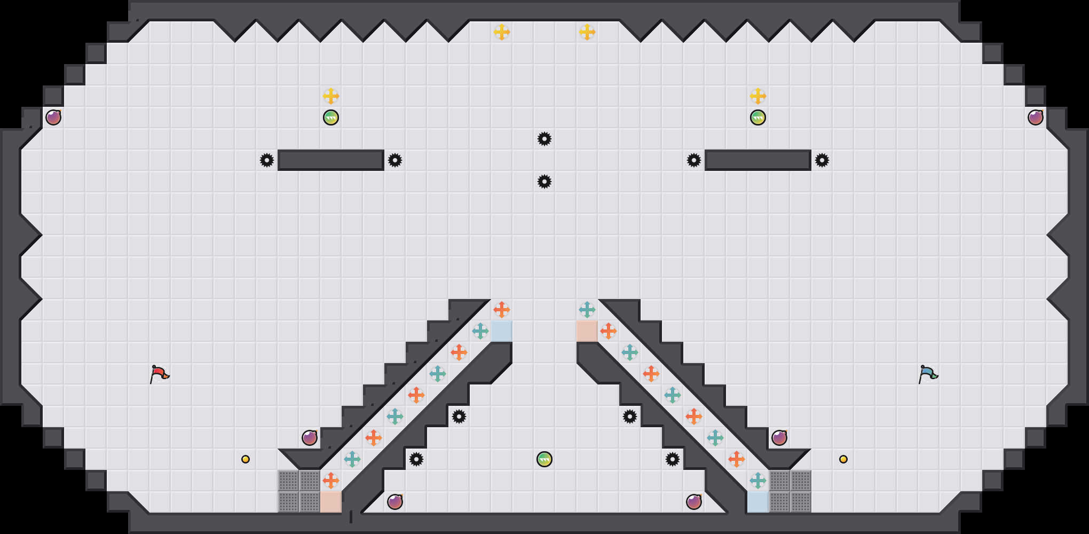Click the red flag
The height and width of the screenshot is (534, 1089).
coord(159,374)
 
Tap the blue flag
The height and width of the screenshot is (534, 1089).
coord(928,374)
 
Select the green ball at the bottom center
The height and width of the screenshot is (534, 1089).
coord(544,459)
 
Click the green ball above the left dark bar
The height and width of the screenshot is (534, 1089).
coord(331,117)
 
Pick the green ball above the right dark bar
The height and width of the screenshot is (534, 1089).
coord(758,117)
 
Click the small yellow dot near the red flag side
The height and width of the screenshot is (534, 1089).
coord(246,459)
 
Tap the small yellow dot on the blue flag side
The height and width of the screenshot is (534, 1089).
coord(843,459)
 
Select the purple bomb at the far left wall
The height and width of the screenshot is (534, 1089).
coord(53,117)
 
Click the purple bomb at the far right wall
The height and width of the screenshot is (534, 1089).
coord(1036,117)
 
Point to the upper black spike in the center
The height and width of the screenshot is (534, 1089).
coord(544,139)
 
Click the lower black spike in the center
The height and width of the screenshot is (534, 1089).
coord(544,182)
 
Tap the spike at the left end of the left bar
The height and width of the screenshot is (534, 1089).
coord(267,160)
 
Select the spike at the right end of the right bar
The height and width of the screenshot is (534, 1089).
coord(822,160)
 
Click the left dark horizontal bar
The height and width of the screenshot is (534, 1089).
coord(331,160)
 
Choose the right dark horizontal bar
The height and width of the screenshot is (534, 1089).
coord(758,160)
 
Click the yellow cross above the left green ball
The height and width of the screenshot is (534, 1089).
coord(331,96)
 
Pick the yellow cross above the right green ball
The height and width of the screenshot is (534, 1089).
coord(758,96)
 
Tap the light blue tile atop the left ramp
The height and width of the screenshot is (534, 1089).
coord(502,331)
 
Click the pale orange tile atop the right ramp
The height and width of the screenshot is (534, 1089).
coord(587,331)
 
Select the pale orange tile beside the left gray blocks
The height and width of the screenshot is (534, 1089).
coord(331,502)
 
